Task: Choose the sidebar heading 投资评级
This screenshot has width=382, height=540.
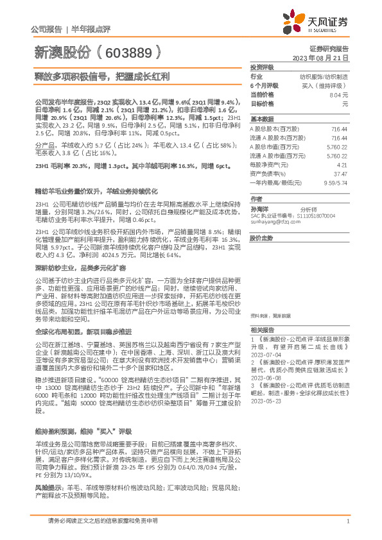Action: [x=261, y=67]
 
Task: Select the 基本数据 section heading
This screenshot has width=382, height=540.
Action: [x=261, y=119]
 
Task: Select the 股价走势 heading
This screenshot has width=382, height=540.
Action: [x=261, y=237]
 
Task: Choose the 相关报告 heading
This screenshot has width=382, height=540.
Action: [x=261, y=329]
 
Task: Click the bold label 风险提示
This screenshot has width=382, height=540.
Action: [x=47, y=452]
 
